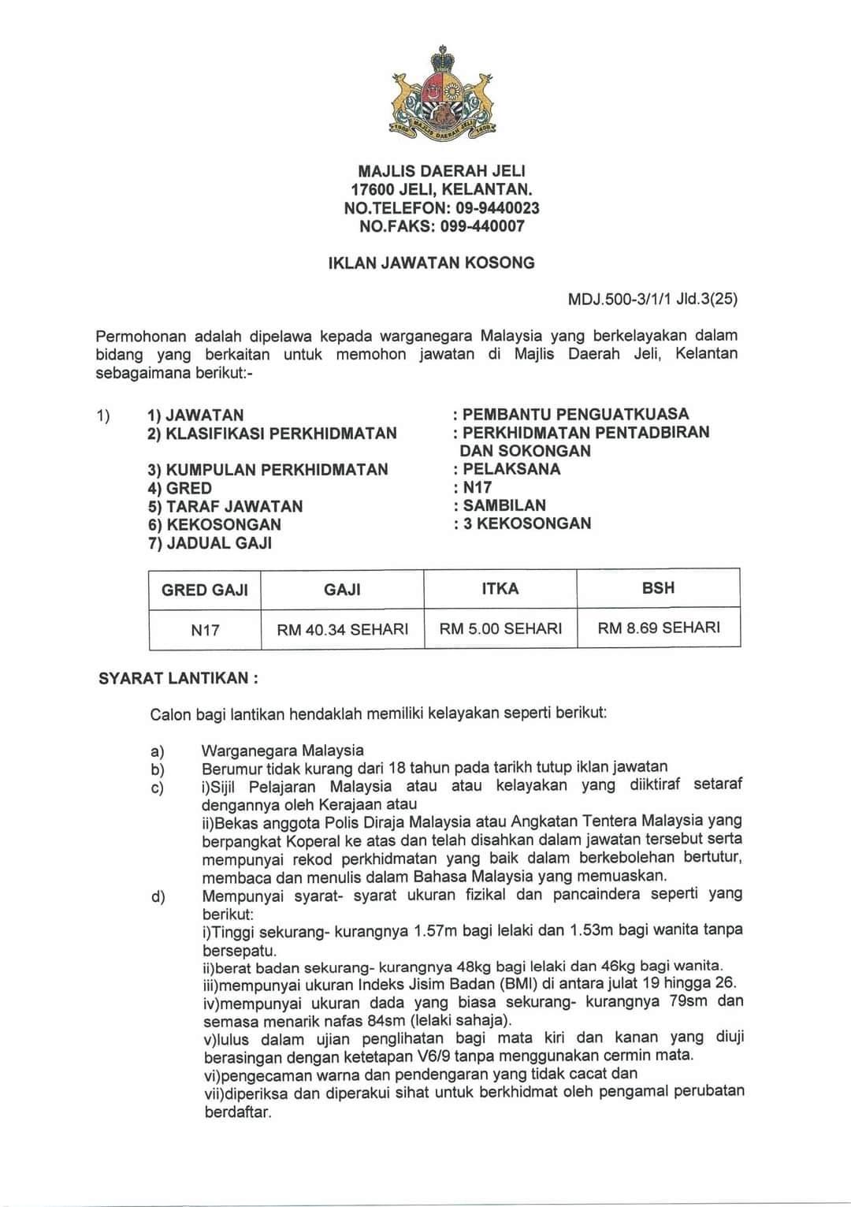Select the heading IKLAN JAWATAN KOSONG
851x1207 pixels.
431,263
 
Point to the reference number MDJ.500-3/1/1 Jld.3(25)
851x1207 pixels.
652,300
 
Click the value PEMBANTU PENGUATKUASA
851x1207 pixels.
575,414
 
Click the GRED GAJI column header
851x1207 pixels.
205,590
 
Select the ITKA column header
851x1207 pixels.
500,588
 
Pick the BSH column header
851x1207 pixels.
659,588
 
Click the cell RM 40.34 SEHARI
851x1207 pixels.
343,629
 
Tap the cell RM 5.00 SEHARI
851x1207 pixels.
500,628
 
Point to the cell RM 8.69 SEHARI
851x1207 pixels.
659,628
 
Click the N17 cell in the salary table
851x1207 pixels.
205,630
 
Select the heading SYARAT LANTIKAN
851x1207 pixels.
178,678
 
